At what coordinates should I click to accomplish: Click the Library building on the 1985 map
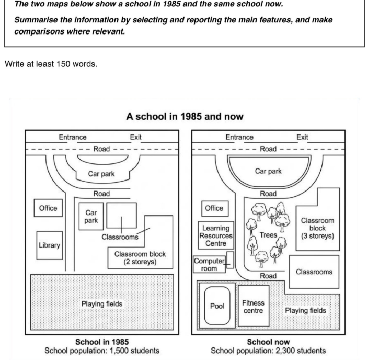[x=50, y=245]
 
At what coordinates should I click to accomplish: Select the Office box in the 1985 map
[x=48, y=208]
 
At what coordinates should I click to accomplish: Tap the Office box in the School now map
[x=215, y=208]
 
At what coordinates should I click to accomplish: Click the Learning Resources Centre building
[x=216, y=235]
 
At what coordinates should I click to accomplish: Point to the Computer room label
[x=209, y=264]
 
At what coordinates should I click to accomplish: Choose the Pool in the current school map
[x=217, y=306]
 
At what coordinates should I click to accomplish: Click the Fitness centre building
[x=254, y=306]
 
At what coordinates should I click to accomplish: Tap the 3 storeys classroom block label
[x=317, y=228]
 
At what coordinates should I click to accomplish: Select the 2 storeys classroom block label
[x=140, y=258]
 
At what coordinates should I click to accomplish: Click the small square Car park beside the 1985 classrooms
[x=91, y=216]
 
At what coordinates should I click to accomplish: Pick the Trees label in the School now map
[x=268, y=235]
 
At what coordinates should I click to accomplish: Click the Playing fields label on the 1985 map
[x=102, y=304]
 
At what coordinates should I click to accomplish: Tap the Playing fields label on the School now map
[x=305, y=311]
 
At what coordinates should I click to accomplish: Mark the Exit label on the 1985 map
[x=135, y=137]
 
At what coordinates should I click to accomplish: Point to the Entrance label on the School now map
[x=239, y=137]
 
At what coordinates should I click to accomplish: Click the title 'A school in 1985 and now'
[x=185, y=116]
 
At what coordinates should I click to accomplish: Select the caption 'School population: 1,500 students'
[x=102, y=351]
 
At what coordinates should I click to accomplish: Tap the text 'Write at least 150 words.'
[x=51, y=64]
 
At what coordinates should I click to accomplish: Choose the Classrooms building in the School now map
[x=314, y=272]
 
